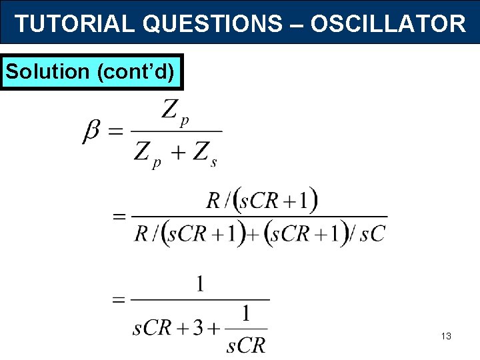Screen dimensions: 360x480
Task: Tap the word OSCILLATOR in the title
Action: [x=388, y=24]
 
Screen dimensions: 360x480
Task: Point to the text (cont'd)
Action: [x=137, y=71]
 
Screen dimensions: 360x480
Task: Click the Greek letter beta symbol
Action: [x=93, y=132]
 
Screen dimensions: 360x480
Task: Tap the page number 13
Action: [x=446, y=337]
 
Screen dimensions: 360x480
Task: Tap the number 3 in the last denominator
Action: [x=199, y=329]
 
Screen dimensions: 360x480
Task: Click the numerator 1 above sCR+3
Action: [x=200, y=285]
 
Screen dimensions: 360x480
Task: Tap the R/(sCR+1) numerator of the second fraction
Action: [x=262, y=200]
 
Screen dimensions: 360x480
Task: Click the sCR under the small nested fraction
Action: [x=246, y=345]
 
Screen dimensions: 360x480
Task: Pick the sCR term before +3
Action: [x=153, y=329]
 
